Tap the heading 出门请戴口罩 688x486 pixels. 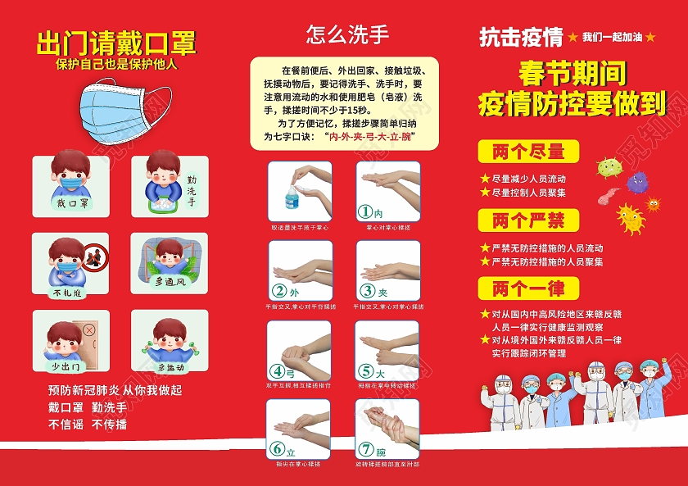point(116,43)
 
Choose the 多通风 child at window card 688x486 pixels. point(170,264)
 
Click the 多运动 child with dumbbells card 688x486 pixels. point(170,342)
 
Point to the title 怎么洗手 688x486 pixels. point(346,34)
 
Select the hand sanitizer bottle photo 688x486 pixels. point(299,191)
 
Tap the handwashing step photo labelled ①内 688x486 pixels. point(387,191)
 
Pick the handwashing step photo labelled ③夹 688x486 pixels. point(387,270)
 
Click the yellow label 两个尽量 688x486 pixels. point(528,152)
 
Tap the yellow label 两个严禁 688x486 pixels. point(528,220)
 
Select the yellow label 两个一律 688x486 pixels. point(528,288)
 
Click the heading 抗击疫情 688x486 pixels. point(521,37)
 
